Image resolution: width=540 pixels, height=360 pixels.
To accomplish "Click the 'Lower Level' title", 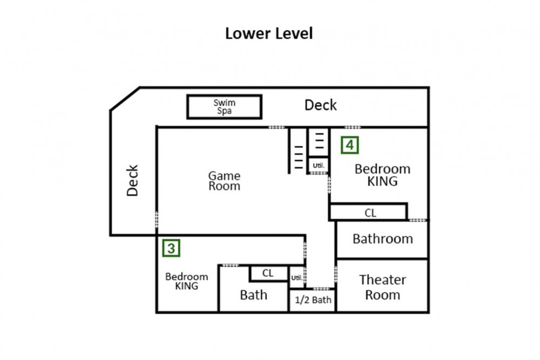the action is click(x=268, y=33).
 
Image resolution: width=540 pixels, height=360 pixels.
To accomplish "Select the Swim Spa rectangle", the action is click(x=224, y=107).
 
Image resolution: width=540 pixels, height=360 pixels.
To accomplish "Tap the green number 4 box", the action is click(x=349, y=145).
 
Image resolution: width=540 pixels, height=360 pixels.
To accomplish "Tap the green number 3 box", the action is click(x=171, y=248).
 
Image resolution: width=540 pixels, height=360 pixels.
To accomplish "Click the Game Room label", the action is click(x=224, y=181).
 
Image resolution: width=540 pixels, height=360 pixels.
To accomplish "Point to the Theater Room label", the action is click(x=382, y=287).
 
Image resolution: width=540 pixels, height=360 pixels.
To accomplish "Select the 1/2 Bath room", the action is click(x=312, y=300).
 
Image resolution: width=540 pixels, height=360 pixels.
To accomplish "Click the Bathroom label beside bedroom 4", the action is click(x=383, y=239).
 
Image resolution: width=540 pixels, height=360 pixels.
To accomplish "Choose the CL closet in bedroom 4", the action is click(x=368, y=212).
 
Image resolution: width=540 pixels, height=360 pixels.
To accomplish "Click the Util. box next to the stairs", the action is click(x=318, y=166).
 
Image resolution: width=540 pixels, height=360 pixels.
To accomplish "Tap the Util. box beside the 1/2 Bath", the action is click(x=297, y=277).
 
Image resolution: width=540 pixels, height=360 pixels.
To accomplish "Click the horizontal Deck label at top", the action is click(x=320, y=105).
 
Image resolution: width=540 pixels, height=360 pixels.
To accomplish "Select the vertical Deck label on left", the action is click(x=132, y=181).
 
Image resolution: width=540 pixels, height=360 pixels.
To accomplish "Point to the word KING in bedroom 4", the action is click(x=382, y=181).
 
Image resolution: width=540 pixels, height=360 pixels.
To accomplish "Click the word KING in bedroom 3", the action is click(x=186, y=286).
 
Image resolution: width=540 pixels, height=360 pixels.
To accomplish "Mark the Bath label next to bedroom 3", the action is click(x=253, y=295).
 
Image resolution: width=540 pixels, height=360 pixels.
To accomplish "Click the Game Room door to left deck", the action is click(x=157, y=219).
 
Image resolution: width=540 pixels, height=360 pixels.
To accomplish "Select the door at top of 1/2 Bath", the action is click(x=321, y=289).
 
